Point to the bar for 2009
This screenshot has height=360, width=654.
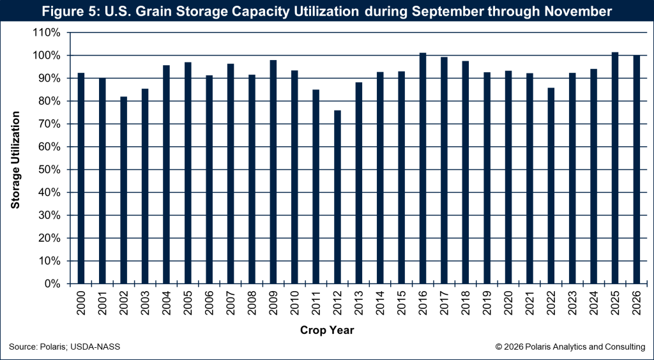click(x=273, y=172)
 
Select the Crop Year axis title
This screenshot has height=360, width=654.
click(x=327, y=330)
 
